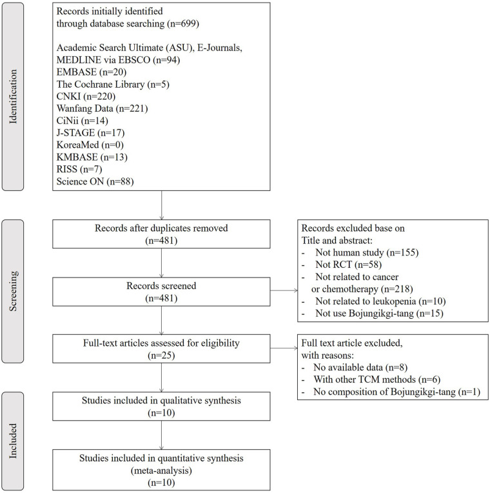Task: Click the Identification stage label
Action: point(13,97)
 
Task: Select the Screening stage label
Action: point(13,291)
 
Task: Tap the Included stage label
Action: point(13,441)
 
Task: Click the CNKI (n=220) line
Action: point(86,96)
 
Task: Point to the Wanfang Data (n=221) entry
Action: point(102,108)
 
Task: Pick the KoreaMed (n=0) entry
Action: point(90,145)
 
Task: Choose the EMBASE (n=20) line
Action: point(92,72)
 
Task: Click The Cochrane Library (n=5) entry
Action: point(113,85)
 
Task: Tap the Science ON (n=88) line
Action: point(95,181)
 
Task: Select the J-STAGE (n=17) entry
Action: point(90,133)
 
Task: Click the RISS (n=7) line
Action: point(79,169)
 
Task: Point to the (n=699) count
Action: point(183,24)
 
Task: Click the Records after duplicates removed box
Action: point(161,234)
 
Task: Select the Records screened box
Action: point(161,292)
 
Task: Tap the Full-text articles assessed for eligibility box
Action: point(161,348)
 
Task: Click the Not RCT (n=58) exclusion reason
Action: point(348,265)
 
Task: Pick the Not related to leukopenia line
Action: point(366,301)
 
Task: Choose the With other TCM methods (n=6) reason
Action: point(377,379)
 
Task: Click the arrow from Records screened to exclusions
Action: point(284,290)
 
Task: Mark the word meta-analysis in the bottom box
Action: point(161,470)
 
